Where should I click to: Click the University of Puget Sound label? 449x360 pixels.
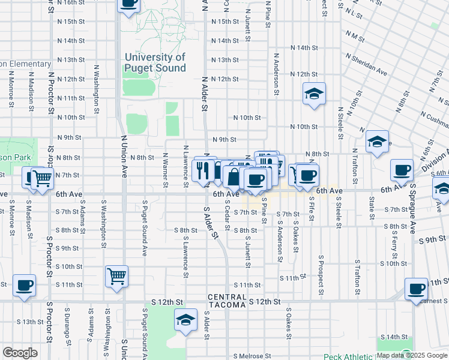coord(155,62)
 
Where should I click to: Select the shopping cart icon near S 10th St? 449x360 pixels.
coord(116,277)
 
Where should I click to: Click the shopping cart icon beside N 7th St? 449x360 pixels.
coord(41,178)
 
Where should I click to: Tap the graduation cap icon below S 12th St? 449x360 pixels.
coord(186,320)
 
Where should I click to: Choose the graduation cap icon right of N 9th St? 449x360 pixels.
coord(377,142)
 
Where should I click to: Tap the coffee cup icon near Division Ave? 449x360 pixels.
coord(402,170)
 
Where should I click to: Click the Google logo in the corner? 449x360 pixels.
coord(20,353)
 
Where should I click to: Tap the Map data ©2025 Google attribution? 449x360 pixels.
coord(411,355)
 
